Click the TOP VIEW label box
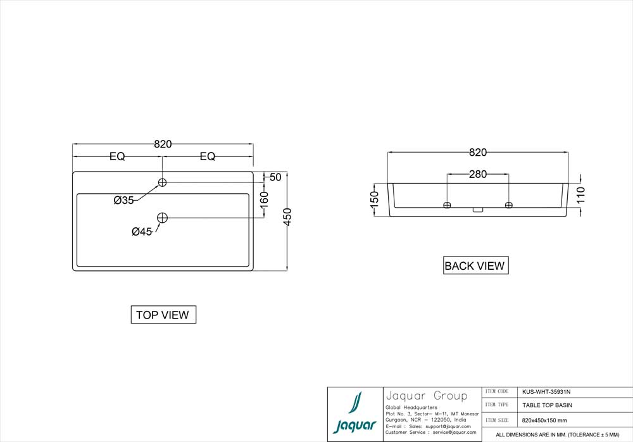pos(163,315)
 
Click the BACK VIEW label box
pos(475,266)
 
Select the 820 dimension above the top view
pos(163,144)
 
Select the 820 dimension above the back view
pos(478,153)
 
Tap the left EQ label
pos(117,156)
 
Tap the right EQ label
pos(208,156)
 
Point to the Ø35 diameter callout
pos(123,200)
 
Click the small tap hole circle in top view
pos(163,182)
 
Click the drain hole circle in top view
pos(163,218)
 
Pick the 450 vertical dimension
pos(287,217)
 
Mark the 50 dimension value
pos(275,177)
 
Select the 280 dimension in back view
pos(478,174)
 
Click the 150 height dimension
pos(374,199)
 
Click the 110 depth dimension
pos(581,194)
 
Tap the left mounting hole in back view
pos(447,205)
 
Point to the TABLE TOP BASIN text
pos(547,405)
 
